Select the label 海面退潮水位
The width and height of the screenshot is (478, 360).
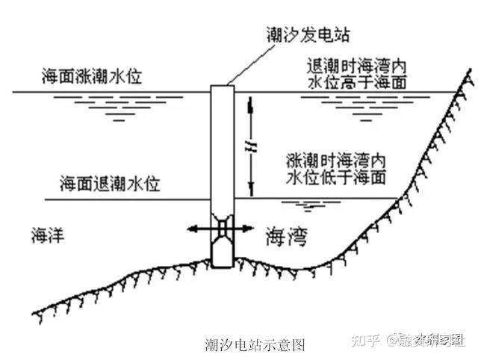[111, 183]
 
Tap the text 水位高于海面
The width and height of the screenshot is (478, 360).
[356, 81]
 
